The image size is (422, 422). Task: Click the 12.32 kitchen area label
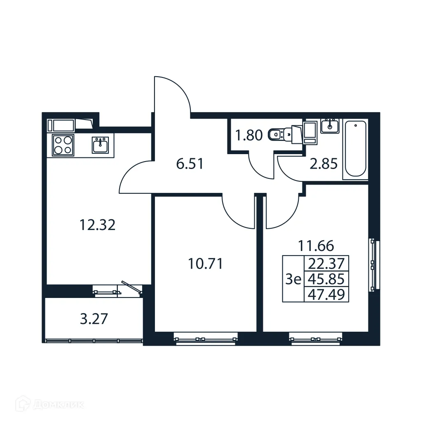(97, 225)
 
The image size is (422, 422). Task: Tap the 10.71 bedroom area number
(205, 263)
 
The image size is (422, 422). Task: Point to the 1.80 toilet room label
(249, 135)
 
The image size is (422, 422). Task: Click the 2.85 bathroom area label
(324, 164)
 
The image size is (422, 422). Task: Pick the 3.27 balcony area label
(94, 319)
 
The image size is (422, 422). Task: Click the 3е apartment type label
(293, 279)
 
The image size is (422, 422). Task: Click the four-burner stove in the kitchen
(63, 145)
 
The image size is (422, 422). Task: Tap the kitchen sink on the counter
(100, 145)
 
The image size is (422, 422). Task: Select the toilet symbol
(279, 134)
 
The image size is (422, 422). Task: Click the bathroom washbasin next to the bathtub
(330, 125)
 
